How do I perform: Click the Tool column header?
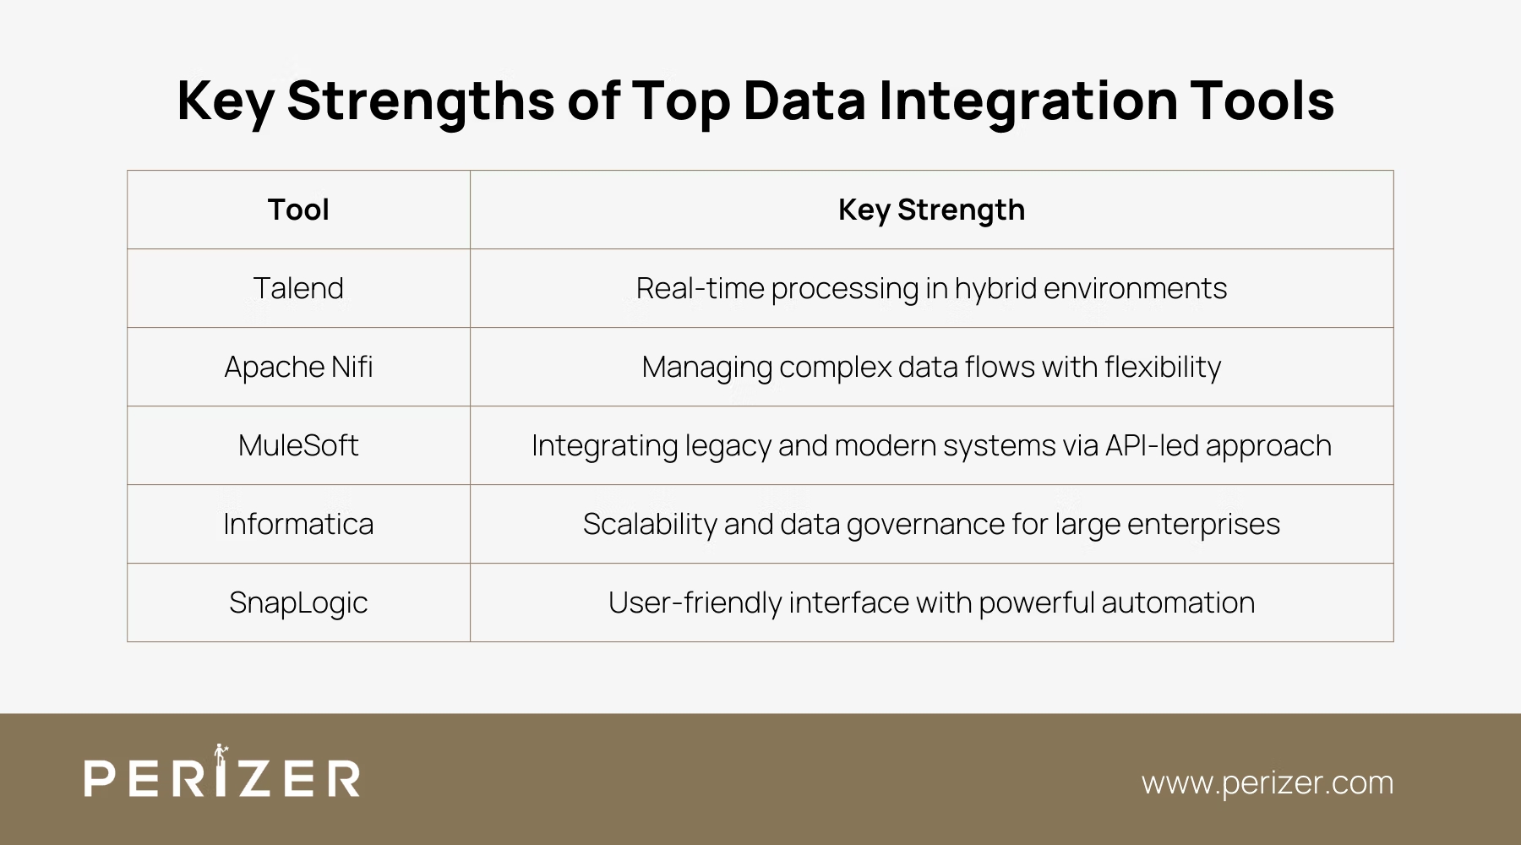[x=298, y=210]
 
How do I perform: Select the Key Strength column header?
[x=931, y=210]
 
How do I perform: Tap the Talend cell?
[x=298, y=288]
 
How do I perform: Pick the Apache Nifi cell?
[x=298, y=367]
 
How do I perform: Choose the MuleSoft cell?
[x=298, y=445]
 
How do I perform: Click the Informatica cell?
[x=298, y=524]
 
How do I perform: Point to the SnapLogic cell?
[x=298, y=602]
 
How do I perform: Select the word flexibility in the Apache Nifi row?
[x=1163, y=367]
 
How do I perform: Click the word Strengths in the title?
[x=421, y=101]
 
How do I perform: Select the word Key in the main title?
[x=225, y=101]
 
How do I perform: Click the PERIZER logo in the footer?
[x=222, y=776]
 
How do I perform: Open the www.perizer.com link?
[x=1267, y=782]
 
